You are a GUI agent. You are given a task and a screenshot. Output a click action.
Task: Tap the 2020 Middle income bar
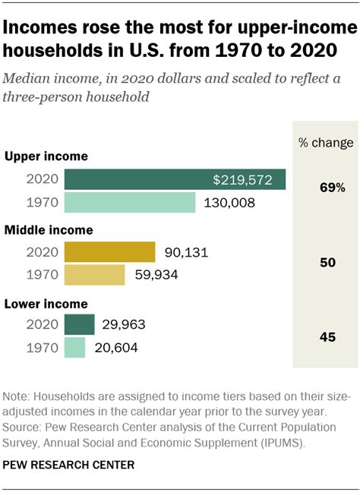tap(109, 251)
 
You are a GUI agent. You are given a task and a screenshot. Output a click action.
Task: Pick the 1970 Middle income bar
tap(95, 275)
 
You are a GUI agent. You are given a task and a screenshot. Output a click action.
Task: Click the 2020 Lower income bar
tap(79, 324)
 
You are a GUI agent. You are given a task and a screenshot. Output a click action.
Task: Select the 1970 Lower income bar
tap(74, 348)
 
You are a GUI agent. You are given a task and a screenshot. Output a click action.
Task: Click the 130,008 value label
tap(229, 203)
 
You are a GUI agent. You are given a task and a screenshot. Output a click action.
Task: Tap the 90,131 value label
tap(185, 251)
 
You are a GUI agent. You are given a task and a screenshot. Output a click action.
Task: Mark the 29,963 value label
tap(124, 324)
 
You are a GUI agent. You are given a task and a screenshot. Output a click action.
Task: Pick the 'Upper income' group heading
tap(46, 156)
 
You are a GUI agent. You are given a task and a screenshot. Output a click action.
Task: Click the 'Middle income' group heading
tap(49, 229)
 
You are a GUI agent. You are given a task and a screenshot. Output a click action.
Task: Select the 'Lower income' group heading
tap(46, 303)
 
